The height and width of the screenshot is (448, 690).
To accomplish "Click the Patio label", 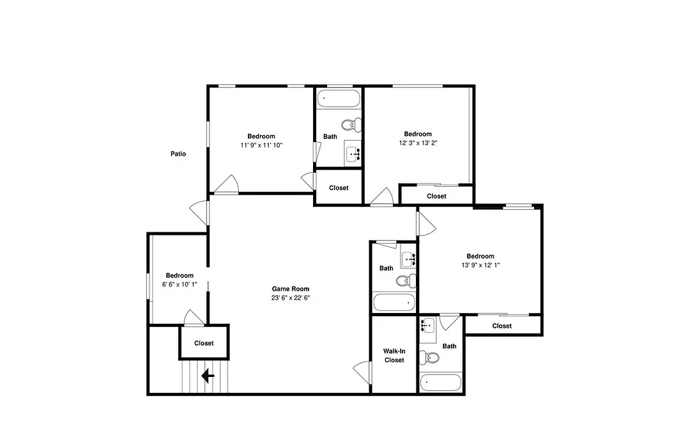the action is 178,154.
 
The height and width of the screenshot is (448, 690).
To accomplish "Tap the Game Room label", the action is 291,289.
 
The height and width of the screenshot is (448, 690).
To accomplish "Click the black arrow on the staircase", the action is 208,376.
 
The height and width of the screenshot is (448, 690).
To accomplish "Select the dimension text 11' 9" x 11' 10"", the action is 261,145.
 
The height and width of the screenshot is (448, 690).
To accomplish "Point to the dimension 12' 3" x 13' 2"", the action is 418,143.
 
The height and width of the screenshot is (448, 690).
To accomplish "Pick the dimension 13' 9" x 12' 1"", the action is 480,265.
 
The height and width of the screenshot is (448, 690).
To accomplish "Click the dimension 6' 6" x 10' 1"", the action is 180,284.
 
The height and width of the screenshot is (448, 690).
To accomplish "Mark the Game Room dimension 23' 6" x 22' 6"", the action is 291,298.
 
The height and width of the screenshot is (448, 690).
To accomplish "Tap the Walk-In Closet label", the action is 394,355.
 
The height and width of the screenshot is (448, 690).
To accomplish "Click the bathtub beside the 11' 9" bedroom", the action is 339,99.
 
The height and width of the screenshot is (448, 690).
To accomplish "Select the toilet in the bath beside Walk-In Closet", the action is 429,357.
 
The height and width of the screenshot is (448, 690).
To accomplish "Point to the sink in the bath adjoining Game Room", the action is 408,260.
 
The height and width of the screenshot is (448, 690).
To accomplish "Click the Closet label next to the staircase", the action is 204,343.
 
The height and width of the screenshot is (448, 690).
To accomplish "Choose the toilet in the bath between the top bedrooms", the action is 351,125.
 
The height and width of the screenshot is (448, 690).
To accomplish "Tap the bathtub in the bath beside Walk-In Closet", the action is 440,382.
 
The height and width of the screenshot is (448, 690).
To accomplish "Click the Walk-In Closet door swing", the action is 362,372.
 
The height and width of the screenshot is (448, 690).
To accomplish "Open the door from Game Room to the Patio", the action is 200,212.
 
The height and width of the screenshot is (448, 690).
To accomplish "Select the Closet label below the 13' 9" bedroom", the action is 502,326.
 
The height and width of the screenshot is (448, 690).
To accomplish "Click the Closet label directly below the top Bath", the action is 339,188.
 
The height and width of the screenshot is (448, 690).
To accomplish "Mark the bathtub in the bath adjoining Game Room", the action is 394,303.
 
